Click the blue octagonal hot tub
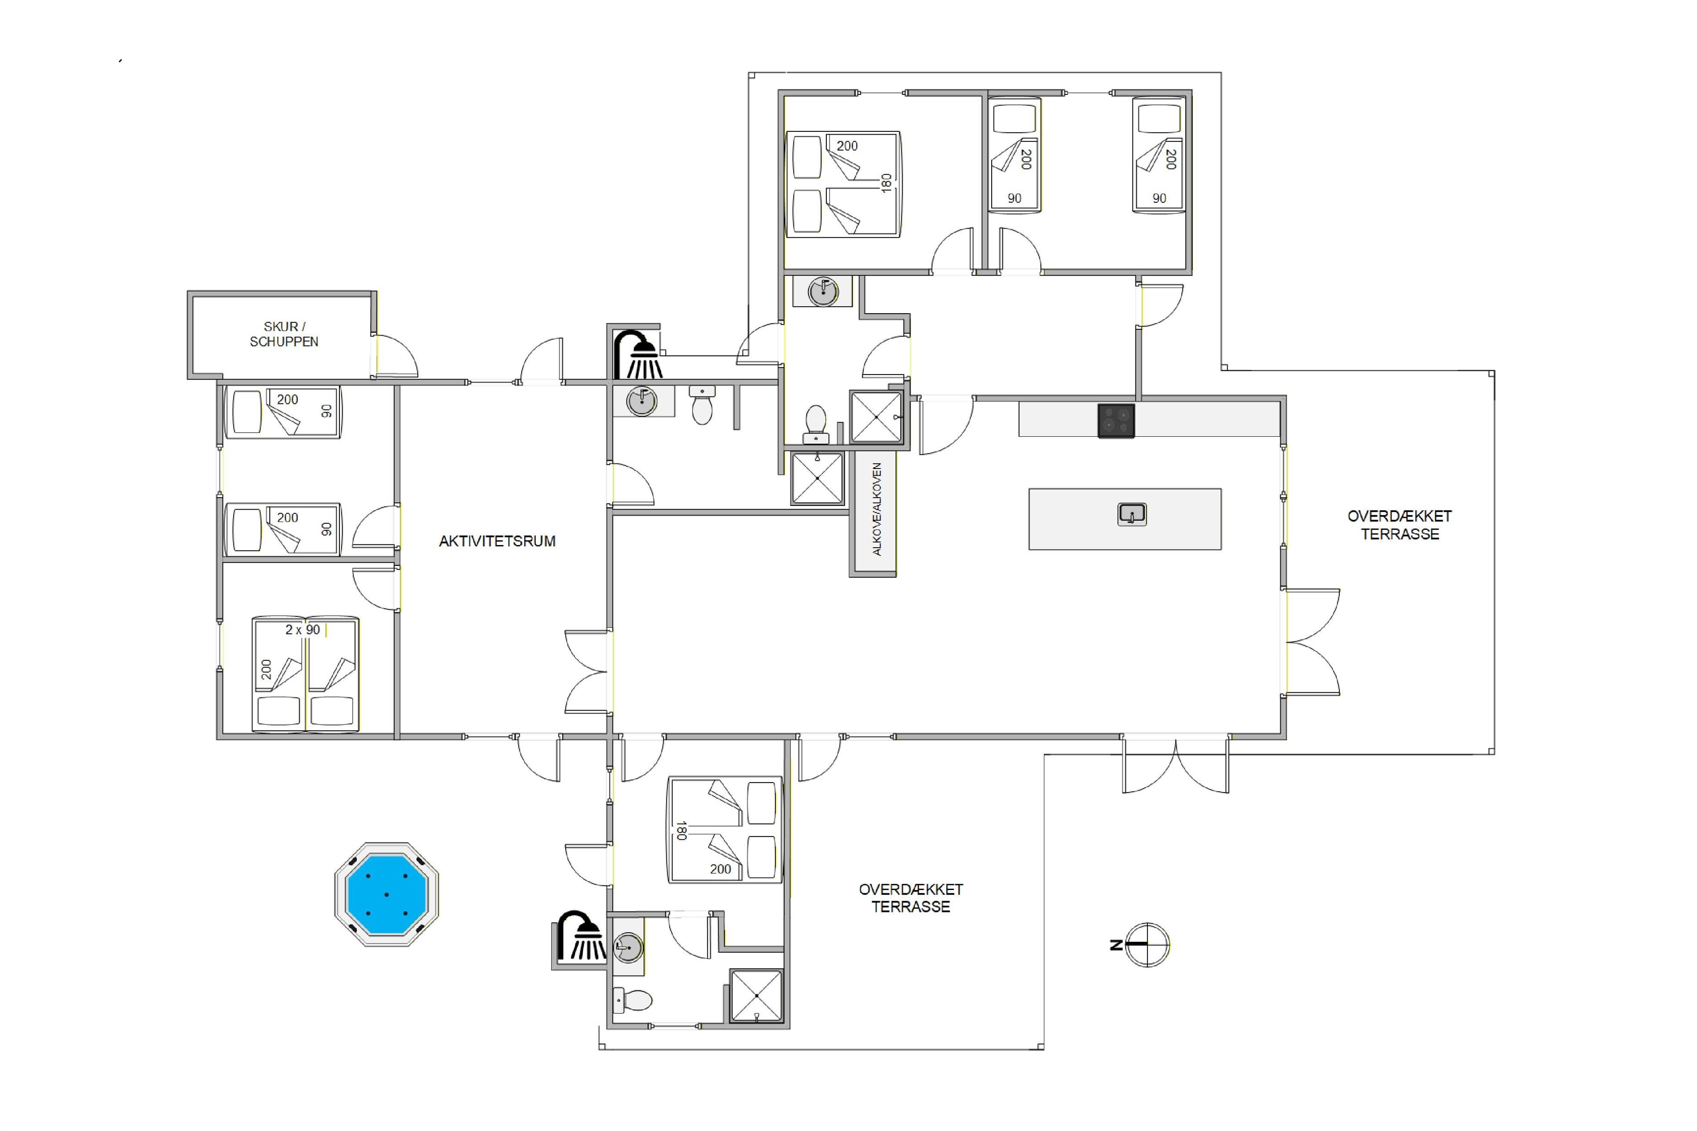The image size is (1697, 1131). point(387,894)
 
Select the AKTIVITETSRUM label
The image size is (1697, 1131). point(497,541)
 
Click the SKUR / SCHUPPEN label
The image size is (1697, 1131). point(284,334)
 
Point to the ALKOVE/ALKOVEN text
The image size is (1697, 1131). point(877,509)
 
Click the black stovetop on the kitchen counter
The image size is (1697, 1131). point(1116,420)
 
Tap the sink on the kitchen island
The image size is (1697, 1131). point(1132,514)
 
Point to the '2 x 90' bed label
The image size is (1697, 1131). point(302,630)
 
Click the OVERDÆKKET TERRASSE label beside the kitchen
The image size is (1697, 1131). point(1400,525)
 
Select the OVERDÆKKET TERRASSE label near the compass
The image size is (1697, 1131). point(911,898)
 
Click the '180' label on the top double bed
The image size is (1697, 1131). point(887,183)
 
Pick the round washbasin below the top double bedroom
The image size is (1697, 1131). point(823,291)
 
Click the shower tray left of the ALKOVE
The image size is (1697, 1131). point(818,478)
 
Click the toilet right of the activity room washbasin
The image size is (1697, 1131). point(702,405)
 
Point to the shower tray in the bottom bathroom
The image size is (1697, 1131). point(756,996)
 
